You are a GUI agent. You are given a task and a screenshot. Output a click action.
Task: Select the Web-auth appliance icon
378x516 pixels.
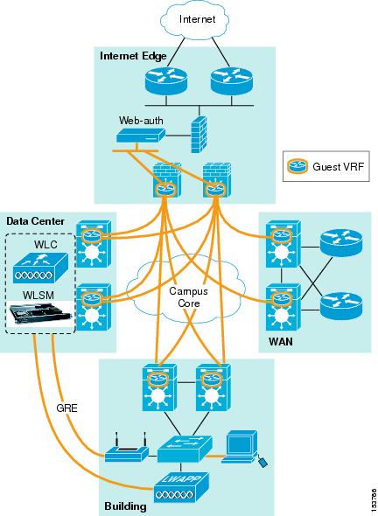point(139,136)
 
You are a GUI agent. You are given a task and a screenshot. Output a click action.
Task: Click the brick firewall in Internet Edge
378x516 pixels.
point(197,129)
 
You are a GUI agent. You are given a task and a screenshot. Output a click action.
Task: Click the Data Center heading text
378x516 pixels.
point(33,220)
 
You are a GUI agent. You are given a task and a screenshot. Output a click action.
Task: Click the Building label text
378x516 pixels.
point(125,506)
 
